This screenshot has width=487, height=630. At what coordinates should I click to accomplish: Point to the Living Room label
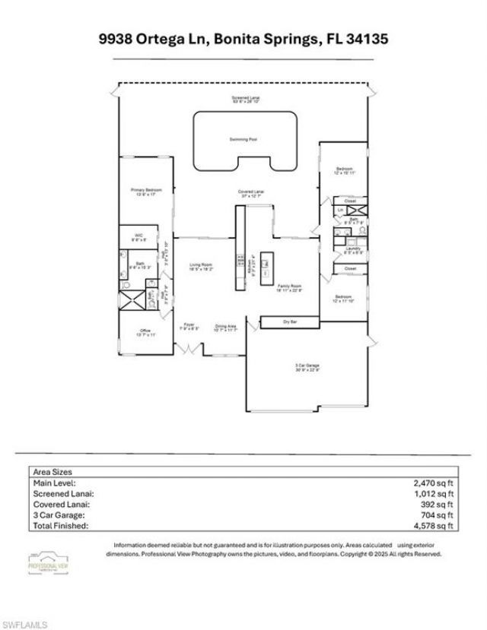click(x=202, y=266)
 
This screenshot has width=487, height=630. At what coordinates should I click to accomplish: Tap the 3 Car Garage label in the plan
click(x=307, y=366)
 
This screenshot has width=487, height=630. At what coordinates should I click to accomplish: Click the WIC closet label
click(x=139, y=236)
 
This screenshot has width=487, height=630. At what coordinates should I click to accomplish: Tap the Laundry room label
click(x=352, y=249)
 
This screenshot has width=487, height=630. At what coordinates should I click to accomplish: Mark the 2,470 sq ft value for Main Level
click(x=435, y=483)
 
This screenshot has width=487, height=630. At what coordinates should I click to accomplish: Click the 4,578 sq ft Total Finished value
click(x=435, y=525)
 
